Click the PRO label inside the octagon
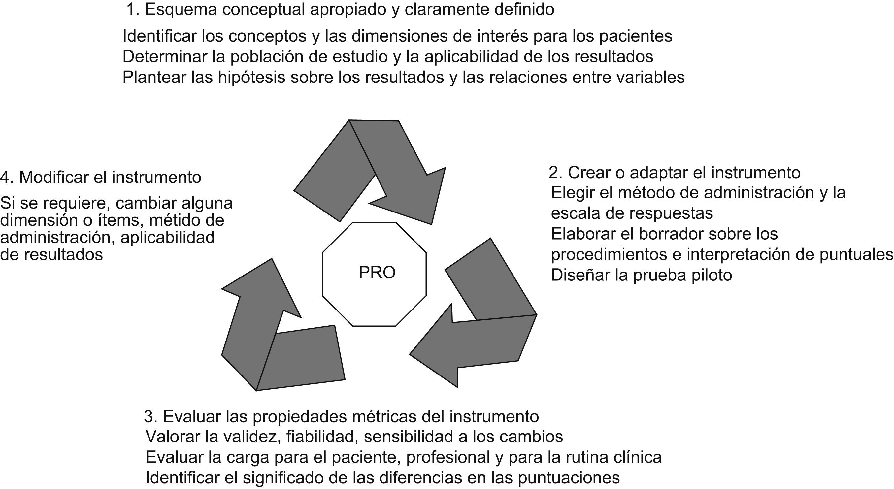[x=377, y=273]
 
